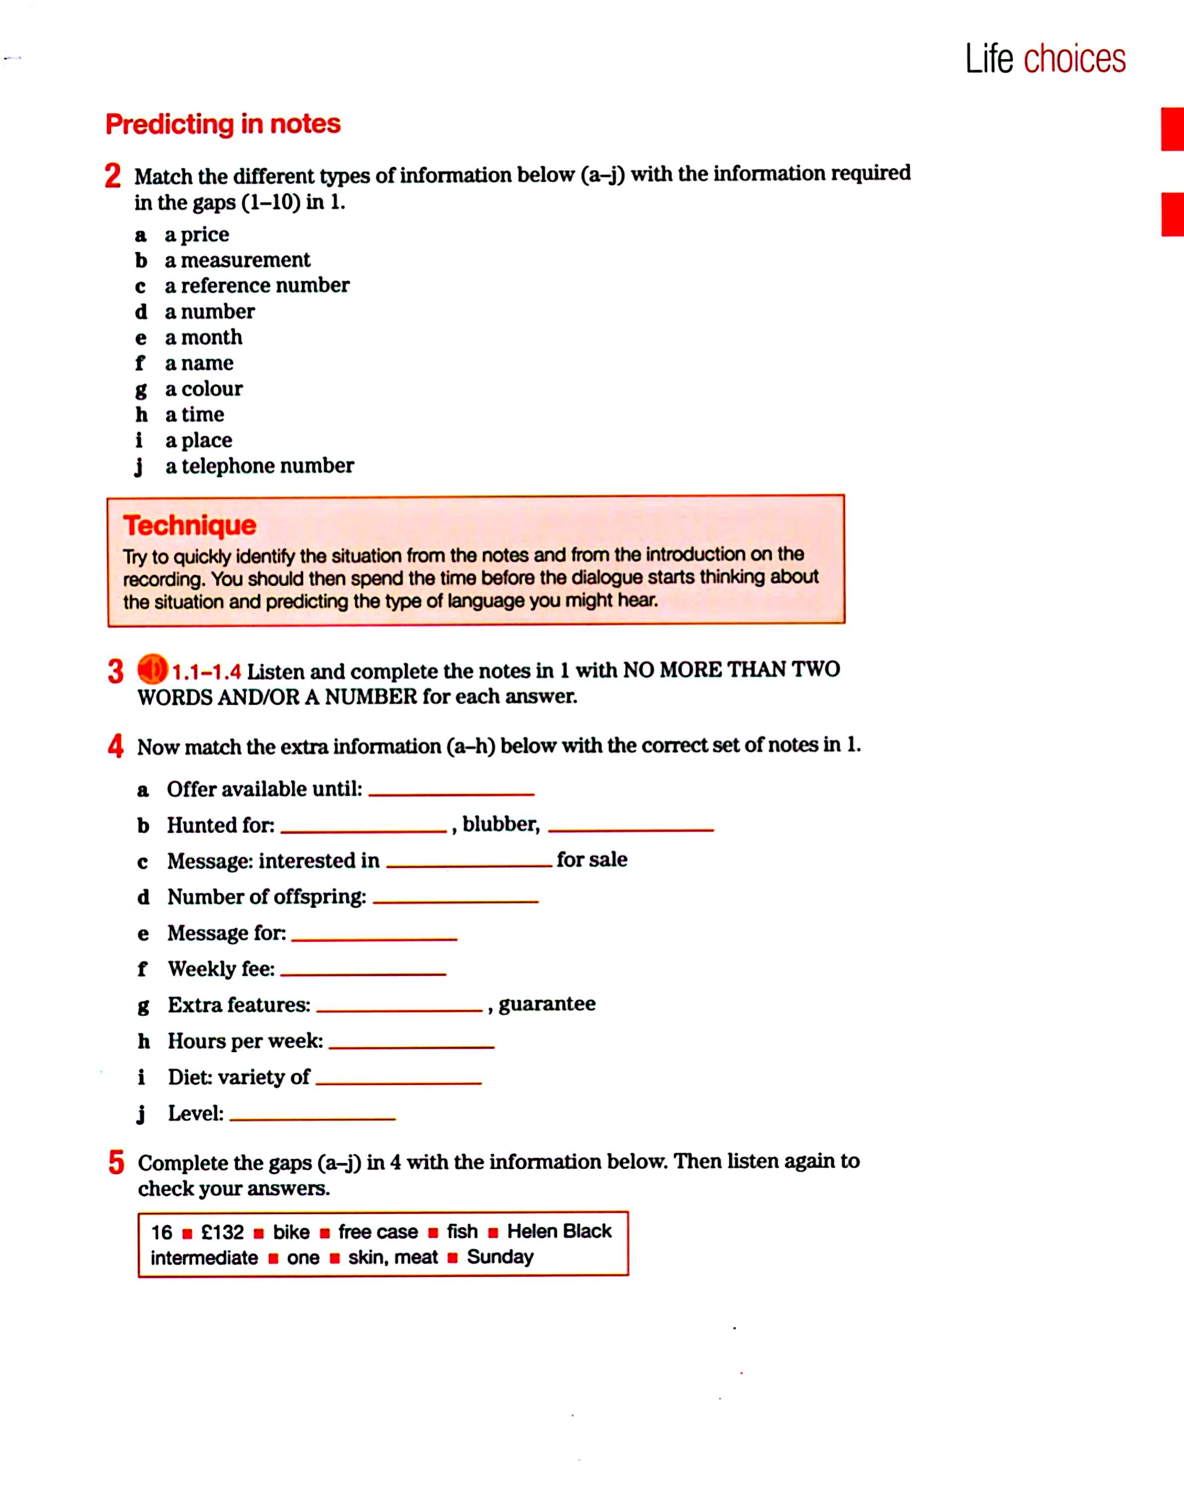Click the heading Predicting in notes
222,124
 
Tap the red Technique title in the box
190,525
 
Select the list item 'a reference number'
256,285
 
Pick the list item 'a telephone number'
259,466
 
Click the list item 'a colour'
203,389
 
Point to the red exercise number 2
113,176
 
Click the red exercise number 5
115,1162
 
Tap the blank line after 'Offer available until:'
451,793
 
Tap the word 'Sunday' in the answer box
500,1257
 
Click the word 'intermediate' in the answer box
204,1258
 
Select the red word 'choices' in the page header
1074,60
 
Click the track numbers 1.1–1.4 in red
206,672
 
